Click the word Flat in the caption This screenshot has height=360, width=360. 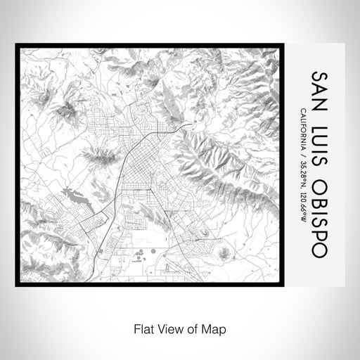pos(143,328)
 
